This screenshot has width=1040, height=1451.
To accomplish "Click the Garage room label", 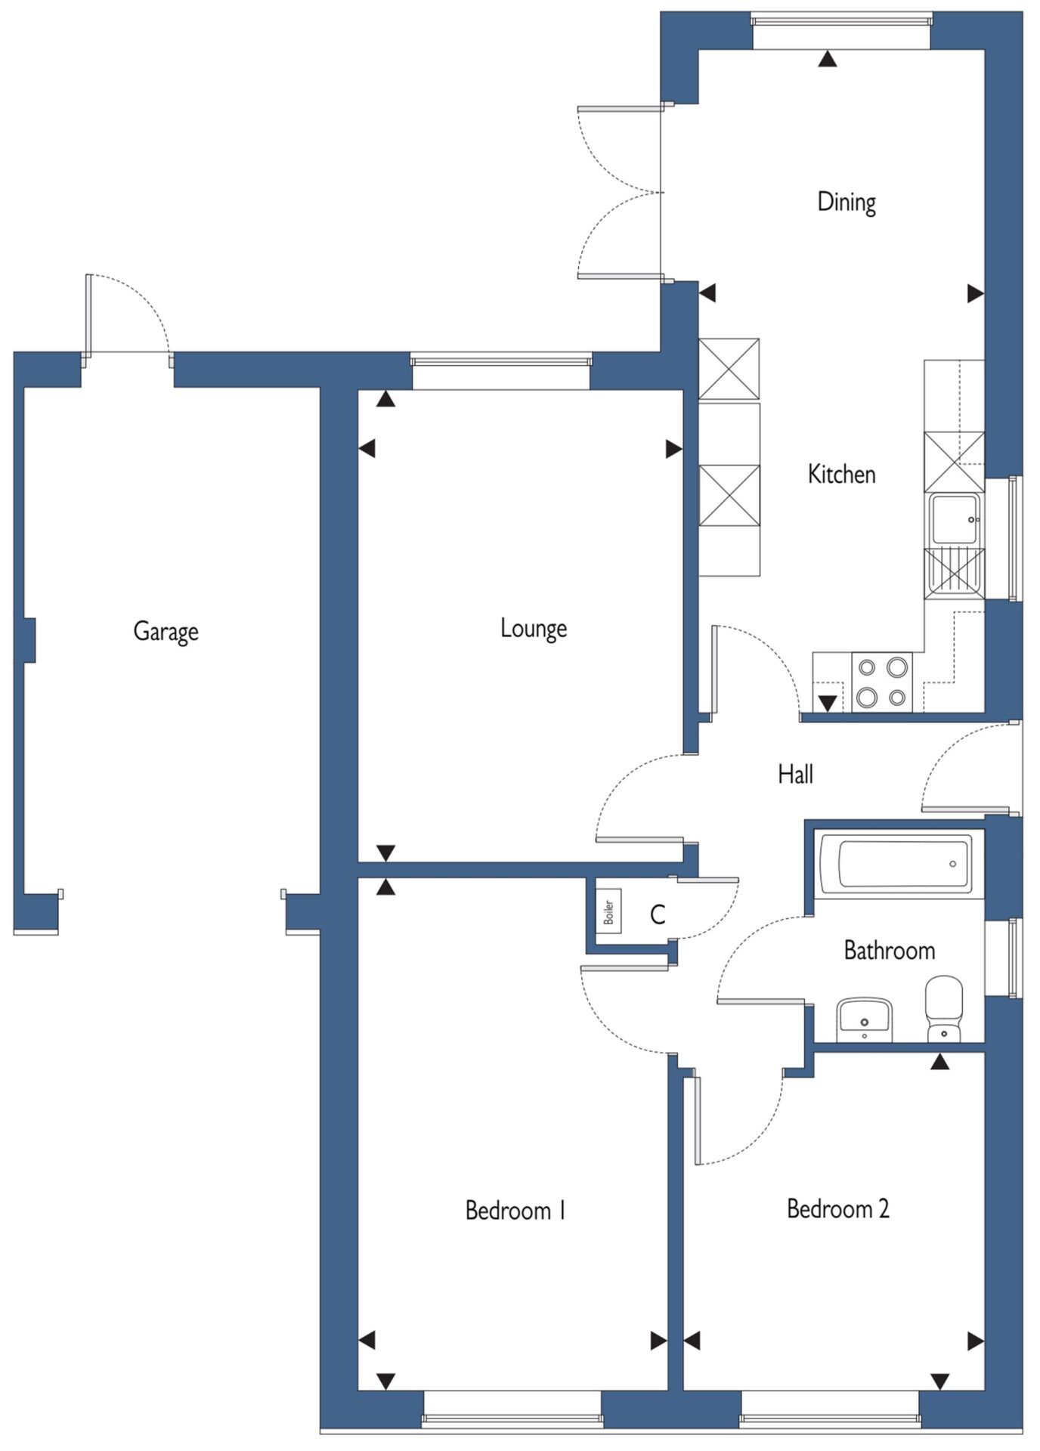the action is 166,631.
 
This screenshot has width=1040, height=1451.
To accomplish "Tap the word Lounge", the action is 534,628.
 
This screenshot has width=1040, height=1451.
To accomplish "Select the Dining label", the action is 847,202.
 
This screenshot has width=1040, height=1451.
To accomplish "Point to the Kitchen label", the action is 842,474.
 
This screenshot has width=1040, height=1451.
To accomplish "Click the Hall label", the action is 796,774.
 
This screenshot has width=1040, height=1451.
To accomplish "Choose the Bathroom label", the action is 890,950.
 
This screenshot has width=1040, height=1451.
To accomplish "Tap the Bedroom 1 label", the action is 515,1211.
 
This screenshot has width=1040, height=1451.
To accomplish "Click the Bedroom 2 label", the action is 838,1208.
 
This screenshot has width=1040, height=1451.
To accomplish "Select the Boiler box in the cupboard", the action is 608,912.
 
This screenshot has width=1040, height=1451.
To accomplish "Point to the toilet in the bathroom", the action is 944,1009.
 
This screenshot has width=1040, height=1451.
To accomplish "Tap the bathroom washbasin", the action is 865,1019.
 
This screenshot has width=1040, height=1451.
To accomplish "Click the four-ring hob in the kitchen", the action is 882,682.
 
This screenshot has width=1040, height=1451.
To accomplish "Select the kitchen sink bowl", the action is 955,519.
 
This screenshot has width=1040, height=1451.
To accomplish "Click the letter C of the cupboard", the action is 658,915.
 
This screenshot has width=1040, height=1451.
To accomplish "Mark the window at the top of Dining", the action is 841,30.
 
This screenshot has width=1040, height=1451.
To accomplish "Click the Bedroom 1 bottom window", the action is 512,1409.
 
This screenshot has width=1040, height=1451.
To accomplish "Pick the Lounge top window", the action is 500,371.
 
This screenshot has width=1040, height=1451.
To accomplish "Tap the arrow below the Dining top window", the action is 828,58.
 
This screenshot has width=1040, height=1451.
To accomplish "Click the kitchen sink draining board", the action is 955,574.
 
